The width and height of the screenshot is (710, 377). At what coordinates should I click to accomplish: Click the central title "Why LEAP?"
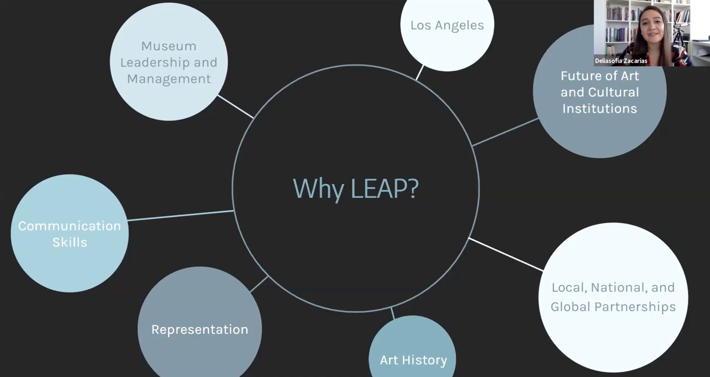point(356,189)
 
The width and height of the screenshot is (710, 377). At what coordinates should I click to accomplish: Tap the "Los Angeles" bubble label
point(447,26)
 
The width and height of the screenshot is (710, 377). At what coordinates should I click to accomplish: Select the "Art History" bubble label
point(413,360)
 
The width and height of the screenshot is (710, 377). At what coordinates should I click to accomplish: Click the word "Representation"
point(200,330)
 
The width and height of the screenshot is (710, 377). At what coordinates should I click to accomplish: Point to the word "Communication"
point(69,226)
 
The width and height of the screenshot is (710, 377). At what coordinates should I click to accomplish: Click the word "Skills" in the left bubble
point(70,242)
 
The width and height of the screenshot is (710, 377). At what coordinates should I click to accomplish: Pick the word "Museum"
point(169,46)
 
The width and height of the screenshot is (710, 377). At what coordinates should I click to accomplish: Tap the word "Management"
point(169,79)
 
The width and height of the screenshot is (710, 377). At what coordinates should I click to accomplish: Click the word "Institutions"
point(600,109)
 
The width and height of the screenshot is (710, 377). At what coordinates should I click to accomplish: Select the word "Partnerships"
point(635,307)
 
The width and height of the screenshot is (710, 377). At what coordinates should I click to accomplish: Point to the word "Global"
point(570,307)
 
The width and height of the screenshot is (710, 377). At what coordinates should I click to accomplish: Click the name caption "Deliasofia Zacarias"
point(621,61)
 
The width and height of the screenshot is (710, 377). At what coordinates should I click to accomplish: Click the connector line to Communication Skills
point(181,215)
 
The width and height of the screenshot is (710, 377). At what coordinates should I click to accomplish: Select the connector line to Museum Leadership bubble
point(236,107)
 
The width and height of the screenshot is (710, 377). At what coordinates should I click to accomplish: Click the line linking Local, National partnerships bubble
point(506,254)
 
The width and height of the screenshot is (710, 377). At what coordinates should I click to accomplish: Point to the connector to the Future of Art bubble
point(505,132)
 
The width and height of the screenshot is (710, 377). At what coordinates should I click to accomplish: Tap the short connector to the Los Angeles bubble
point(420,72)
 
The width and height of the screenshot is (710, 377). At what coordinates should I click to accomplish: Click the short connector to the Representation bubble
point(259,284)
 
